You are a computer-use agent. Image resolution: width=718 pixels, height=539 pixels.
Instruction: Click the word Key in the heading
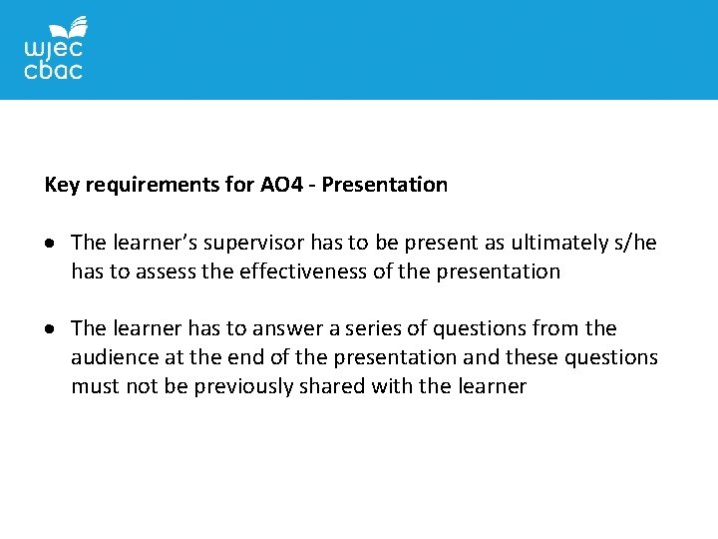coord(63,185)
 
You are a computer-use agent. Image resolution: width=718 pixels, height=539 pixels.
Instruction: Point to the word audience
coord(112,357)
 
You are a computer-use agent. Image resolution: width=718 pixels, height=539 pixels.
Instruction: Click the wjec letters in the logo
coord(52,50)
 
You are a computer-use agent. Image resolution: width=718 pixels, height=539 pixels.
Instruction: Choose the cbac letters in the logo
coord(53,71)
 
